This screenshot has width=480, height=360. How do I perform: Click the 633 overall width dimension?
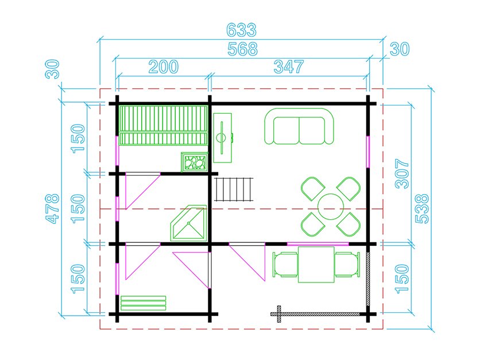(242, 30)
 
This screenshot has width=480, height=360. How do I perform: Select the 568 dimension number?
(243, 49)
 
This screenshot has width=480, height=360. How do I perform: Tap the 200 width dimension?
(164, 67)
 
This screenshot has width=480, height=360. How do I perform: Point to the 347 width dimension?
(289, 67)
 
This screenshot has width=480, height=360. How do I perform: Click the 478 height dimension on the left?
(52, 208)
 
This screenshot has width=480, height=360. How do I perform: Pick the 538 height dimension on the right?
(422, 208)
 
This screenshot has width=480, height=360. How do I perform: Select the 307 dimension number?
(402, 173)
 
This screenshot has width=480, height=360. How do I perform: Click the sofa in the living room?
(299, 126)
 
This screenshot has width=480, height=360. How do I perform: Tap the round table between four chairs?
(331, 207)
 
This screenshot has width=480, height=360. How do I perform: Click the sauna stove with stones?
(195, 162)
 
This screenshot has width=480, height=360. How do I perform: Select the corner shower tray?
(188, 223)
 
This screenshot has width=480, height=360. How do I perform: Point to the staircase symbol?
(234, 189)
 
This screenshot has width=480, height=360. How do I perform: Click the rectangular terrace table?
(316, 265)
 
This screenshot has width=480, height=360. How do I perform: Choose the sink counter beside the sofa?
(223, 138)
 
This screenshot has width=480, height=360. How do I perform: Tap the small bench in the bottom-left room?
(144, 303)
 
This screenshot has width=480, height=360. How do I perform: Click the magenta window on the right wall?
(368, 152)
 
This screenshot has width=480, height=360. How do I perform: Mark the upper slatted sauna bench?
(163, 119)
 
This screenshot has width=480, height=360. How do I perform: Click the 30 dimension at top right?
(400, 49)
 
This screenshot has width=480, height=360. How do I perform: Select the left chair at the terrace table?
(285, 265)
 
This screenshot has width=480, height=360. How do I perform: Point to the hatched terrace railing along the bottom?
(315, 314)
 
